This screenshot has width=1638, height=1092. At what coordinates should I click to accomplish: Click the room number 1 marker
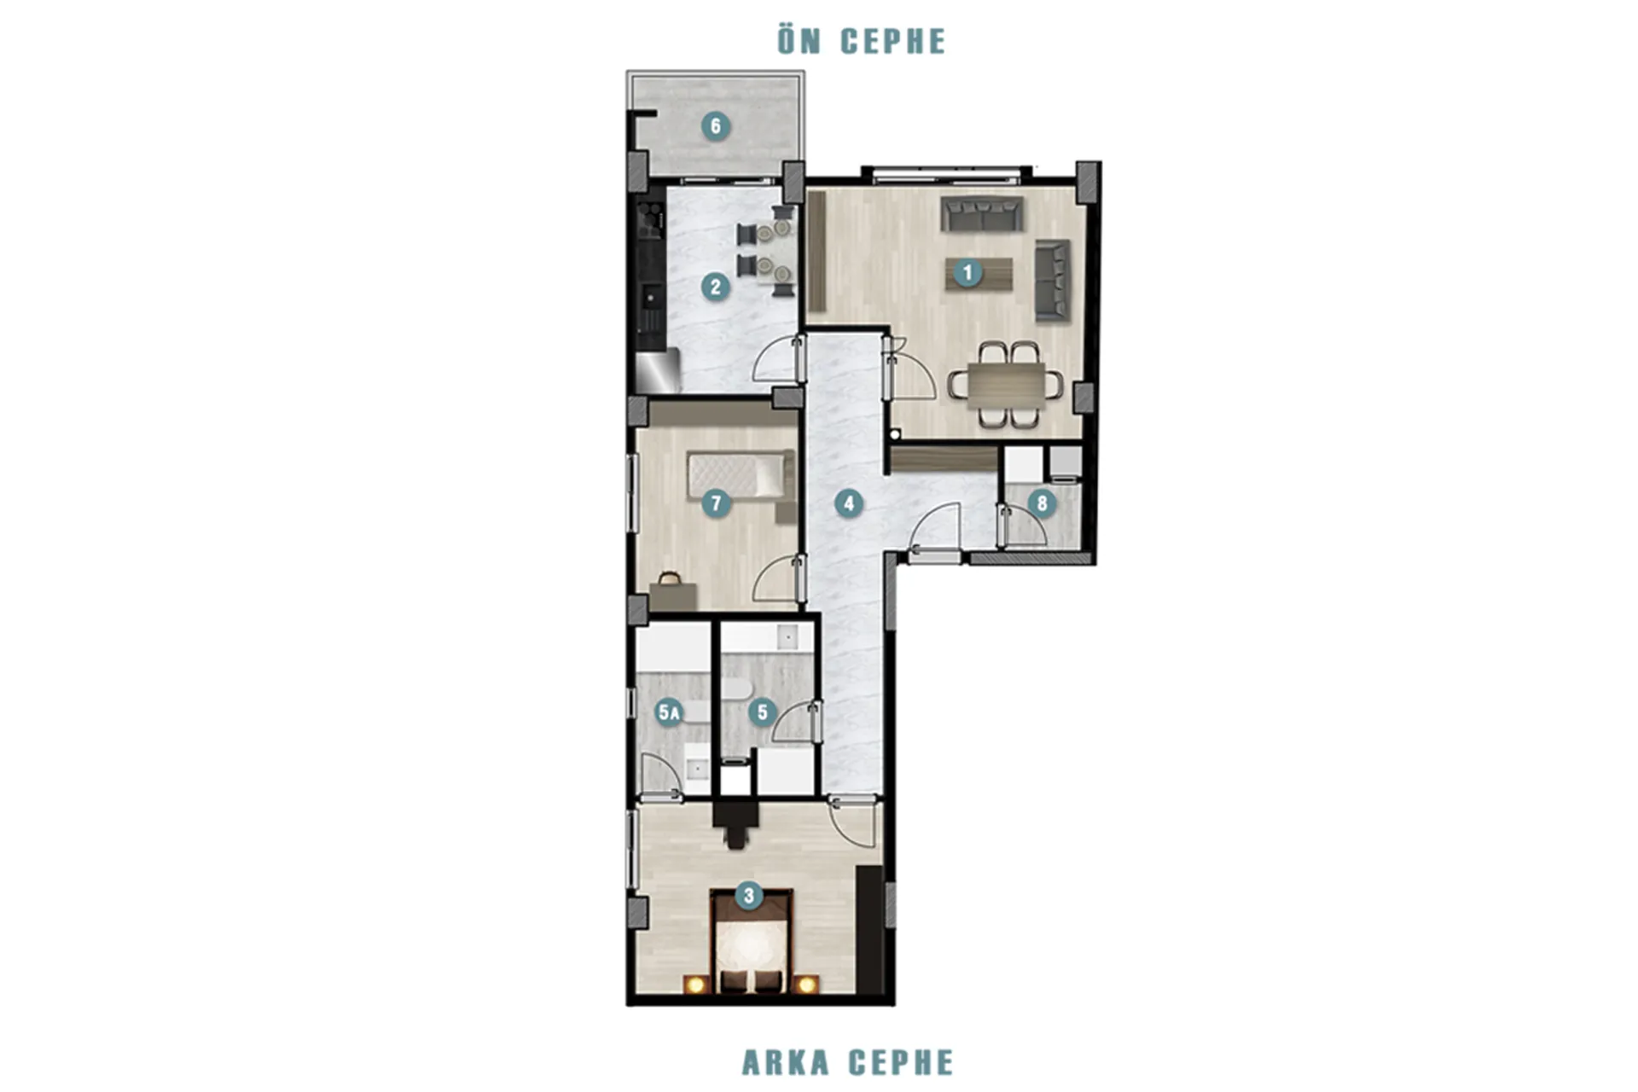967,273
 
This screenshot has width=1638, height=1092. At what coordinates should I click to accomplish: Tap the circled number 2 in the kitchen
716,287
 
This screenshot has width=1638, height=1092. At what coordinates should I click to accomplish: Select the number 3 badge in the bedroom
749,896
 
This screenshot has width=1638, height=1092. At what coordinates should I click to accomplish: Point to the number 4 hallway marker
848,503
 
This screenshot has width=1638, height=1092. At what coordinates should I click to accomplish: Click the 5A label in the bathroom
670,712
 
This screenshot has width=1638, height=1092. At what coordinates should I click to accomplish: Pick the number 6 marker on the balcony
716,126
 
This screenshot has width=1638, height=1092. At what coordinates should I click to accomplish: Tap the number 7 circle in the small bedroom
716,503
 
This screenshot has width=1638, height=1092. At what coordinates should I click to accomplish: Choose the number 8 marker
1041,503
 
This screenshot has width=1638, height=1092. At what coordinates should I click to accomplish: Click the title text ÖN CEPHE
862,41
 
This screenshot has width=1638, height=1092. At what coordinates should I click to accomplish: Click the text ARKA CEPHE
847,1062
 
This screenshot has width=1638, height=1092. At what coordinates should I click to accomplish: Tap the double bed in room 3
751,943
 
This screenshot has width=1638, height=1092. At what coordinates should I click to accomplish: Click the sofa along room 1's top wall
982,214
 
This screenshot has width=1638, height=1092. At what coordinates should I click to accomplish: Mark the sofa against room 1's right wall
1053,280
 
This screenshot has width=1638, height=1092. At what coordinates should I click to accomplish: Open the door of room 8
1023,525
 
